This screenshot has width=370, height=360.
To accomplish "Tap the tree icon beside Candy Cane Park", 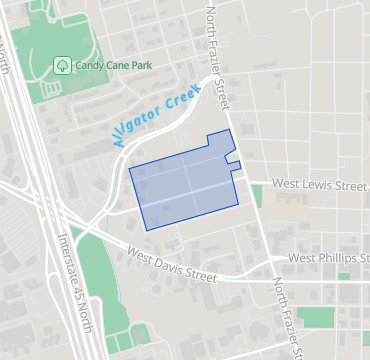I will pos(62,65).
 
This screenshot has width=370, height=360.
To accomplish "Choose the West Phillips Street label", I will pos(327,258).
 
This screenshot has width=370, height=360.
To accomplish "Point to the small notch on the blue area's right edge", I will pos(235,160).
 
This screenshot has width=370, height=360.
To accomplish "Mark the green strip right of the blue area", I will pos(257,195).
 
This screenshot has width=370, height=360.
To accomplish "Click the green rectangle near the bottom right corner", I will pos(318,318).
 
